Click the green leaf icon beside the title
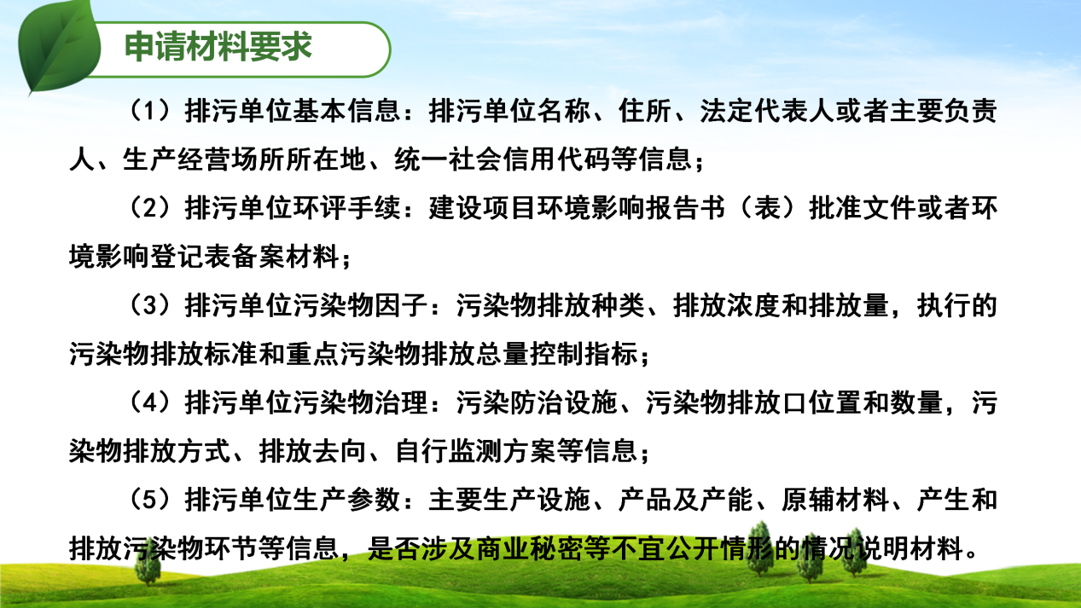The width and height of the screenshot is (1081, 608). point(59,47)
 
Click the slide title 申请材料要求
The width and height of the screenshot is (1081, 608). point(218,47)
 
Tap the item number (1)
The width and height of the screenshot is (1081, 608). point(150,110)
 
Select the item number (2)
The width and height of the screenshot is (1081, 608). point(150,208)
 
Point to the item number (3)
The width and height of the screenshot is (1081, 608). point(150,305)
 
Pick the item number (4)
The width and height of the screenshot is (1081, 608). point(150,402)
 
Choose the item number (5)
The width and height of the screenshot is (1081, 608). point(150,500)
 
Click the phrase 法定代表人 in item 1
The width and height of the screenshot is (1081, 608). point(767,111)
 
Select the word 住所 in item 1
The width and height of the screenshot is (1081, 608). point(645,111)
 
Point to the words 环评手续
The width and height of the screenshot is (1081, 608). point(347,208)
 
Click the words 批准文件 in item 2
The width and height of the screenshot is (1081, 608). point(863,208)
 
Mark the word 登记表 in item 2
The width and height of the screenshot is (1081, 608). point(191,257)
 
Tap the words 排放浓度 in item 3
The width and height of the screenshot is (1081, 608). point(727,305)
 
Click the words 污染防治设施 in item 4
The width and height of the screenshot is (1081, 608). point(537,403)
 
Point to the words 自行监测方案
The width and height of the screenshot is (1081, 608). point(475,451)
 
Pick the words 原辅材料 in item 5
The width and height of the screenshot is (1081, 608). point(835,500)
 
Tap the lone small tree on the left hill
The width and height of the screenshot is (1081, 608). point(148,562)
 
